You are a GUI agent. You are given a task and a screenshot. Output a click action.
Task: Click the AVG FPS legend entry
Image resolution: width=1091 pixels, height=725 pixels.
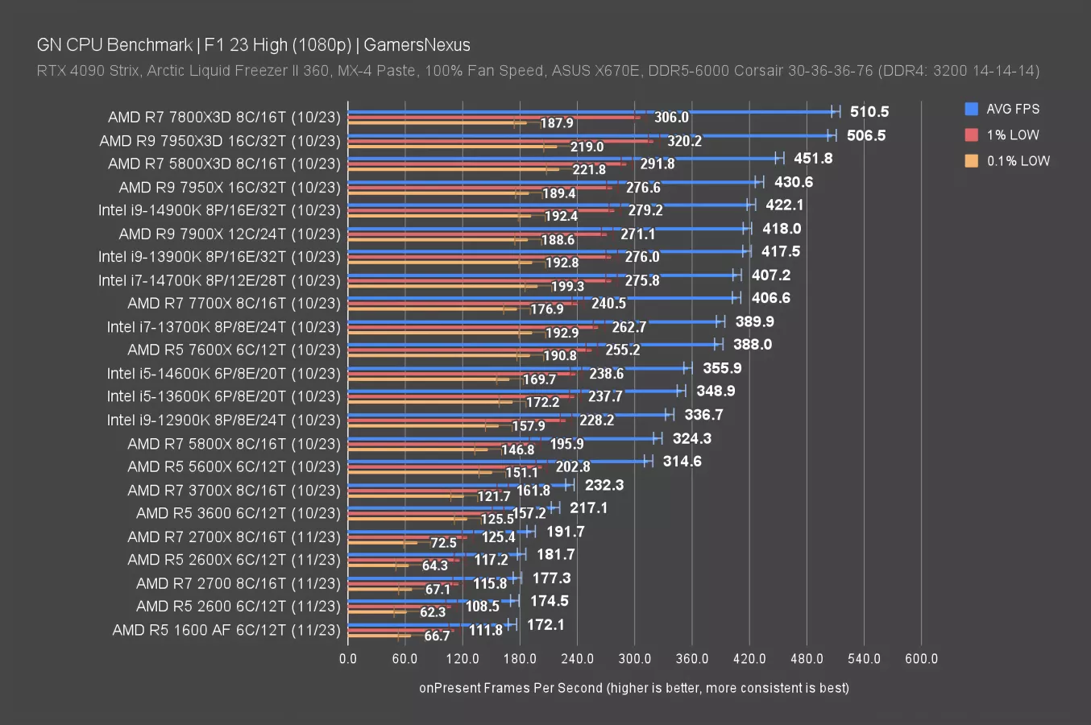coord(1012,109)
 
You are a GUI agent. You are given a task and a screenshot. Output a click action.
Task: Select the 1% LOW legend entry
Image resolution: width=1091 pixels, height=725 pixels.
coord(1012,135)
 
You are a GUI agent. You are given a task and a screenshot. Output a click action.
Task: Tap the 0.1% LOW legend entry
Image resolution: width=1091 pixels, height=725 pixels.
coord(1018,160)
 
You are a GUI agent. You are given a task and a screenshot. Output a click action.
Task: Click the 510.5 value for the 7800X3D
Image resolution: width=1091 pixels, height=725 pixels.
coord(869,112)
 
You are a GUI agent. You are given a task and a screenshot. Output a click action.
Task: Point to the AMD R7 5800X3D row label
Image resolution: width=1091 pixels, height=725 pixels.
coord(224,164)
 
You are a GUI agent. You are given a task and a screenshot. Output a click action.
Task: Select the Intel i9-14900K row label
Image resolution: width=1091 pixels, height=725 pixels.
coord(219,210)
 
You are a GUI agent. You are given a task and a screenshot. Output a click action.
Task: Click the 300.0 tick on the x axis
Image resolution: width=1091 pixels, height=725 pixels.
coord(634,659)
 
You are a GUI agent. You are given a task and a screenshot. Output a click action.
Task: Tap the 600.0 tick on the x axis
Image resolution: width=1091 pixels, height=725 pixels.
coord(921,659)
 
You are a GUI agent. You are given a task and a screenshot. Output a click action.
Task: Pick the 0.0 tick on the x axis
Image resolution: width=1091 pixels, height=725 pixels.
coord(348,659)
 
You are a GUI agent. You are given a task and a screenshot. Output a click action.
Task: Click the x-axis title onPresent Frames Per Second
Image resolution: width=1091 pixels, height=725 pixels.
coord(633,688)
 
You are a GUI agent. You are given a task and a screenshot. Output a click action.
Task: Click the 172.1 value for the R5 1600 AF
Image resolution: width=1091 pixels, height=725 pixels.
coord(545,625)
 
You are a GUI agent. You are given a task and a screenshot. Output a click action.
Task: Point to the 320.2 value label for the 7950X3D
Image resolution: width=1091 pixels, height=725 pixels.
coord(684,141)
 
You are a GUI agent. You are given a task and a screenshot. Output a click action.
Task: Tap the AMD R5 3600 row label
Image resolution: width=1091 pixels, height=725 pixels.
coord(238,513)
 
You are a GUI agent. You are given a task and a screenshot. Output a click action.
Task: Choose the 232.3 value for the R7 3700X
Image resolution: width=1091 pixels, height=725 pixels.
coord(604,485)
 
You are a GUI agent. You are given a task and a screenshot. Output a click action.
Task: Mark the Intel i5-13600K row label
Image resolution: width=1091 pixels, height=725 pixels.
coord(224,396)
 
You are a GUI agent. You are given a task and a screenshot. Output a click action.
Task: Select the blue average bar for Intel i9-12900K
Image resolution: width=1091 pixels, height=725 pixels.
coord(508,415)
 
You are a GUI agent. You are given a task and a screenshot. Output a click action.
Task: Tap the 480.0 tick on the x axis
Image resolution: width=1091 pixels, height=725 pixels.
coord(807,659)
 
